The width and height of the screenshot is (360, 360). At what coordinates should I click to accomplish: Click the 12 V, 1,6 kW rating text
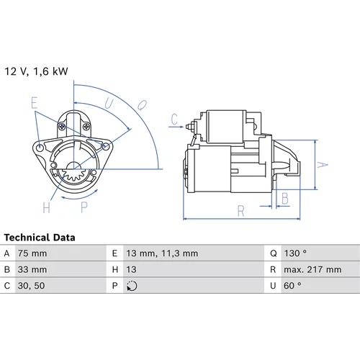pyautogui.click(x=36, y=71)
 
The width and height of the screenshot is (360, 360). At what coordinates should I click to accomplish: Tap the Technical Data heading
pyautogui.click(x=40, y=238)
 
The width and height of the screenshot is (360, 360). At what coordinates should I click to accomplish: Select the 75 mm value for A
pyautogui.click(x=32, y=253)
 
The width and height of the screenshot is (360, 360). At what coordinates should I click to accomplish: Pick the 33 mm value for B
pyautogui.click(x=32, y=269)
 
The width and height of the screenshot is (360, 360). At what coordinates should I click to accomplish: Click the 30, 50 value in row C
pyautogui.click(x=31, y=286)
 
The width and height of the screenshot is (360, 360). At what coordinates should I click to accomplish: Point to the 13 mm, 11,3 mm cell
pyautogui.click(x=162, y=253)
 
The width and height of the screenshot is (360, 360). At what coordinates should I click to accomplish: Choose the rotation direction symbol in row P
pyautogui.click(x=132, y=286)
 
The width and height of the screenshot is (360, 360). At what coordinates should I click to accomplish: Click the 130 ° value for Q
pyautogui.click(x=295, y=253)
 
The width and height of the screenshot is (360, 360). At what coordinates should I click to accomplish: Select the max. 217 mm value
pyautogui.click(x=312, y=269)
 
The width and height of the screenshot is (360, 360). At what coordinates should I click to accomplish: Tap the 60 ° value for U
pyautogui.click(x=292, y=286)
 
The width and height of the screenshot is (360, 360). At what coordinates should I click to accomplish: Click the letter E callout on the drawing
pyautogui.click(x=35, y=103)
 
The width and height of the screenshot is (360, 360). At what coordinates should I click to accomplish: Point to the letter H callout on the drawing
pyautogui.click(x=47, y=207)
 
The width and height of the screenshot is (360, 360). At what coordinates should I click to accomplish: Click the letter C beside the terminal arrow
pyautogui.click(x=174, y=119)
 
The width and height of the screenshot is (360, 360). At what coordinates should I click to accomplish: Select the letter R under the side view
pyautogui.click(x=240, y=211)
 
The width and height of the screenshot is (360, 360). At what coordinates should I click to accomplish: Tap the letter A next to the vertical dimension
pyautogui.click(x=322, y=165)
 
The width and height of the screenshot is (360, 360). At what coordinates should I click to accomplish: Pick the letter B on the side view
pyautogui.click(x=285, y=199)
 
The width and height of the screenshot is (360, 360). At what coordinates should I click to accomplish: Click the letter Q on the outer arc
pyautogui.click(x=142, y=105)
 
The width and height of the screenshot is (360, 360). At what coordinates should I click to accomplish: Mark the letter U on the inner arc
pyautogui.click(x=109, y=104)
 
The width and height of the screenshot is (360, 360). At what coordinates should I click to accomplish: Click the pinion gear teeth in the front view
pyautogui.click(x=73, y=174)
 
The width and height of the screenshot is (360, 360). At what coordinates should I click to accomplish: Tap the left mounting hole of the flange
pyautogui.click(x=40, y=147)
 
